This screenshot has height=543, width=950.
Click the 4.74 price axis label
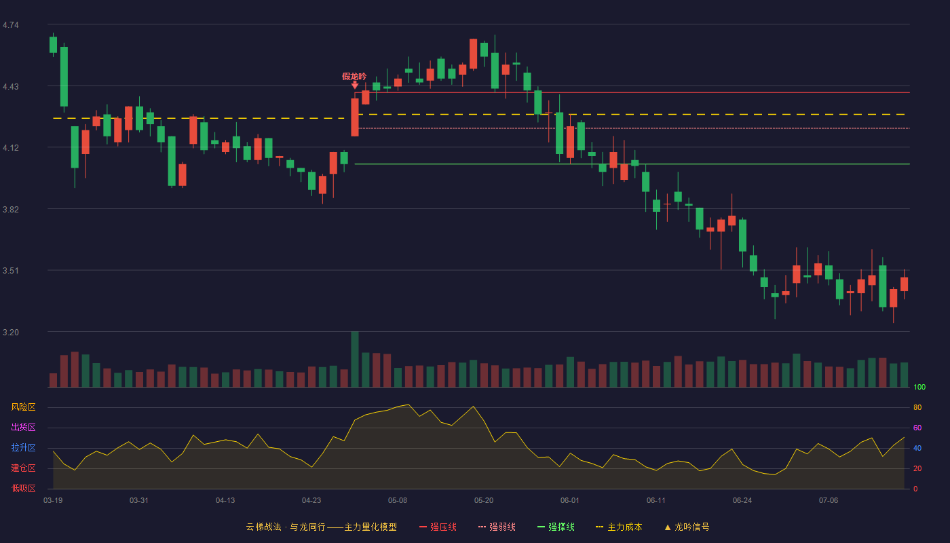click(x=11, y=25)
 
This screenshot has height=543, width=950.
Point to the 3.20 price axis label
click(x=11, y=332)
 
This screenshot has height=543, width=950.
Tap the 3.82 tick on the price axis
click(x=11, y=210)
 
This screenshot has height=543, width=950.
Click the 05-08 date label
click(x=398, y=501)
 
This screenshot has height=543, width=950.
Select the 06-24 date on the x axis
click(x=742, y=501)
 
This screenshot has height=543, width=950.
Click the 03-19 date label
click(x=53, y=501)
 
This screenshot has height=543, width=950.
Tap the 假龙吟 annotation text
click(x=354, y=76)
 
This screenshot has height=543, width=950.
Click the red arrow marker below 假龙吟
click(x=355, y=86)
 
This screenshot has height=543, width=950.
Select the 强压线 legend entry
click(x=438, y=527)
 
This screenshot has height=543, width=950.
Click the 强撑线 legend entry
click(x=556, y=527)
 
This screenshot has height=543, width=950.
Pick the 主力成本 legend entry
click(x=619, y=527)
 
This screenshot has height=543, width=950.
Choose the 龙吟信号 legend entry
click(x=687, y=527)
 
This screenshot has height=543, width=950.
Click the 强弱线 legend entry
click(x=497, y=527)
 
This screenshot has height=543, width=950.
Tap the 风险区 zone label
click(x=23, y=407)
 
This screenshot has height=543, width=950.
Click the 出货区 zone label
click(x=23, y=427)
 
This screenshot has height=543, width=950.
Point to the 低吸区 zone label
click(x=23, y=488)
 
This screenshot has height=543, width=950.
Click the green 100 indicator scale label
click(x=919, y=387)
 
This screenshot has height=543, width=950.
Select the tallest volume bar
click(x=355, y=359)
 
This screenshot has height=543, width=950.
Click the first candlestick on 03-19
click(x=53, y=45)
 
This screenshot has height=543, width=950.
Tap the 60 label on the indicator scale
click(x=917, y=428)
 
